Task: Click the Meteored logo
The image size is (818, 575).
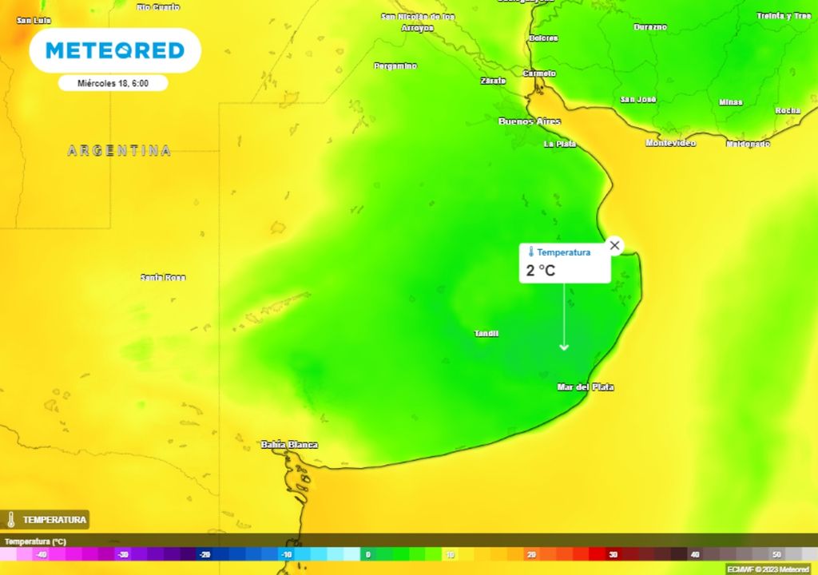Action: (115, 50)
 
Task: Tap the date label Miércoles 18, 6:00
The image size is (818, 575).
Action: (113, 83)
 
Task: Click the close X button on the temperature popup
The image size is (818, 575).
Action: (614, 245)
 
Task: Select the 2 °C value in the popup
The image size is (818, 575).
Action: (541, 271)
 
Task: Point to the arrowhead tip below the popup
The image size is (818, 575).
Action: (564, 349)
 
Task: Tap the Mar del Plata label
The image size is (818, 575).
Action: (586, 387)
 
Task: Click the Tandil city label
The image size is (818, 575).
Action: (486, 333)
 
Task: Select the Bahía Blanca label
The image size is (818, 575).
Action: (289, 445)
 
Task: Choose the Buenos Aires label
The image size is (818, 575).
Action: (529, 121)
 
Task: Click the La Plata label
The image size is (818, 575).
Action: (560, 144)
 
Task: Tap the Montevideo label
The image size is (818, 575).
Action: (670, 143)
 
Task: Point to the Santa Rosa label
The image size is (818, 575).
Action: (163, 277)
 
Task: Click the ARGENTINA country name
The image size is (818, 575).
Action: (119, 150)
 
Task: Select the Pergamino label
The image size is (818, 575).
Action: (395, 65)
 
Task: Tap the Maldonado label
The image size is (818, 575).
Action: (748, 144)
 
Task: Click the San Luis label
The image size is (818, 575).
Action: (34, 20)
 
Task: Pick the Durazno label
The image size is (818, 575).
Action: (650, 27)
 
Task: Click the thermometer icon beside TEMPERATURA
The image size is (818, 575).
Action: (11, 520)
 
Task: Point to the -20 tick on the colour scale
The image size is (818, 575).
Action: (204, 554)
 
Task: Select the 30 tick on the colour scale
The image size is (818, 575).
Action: (613, 554)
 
